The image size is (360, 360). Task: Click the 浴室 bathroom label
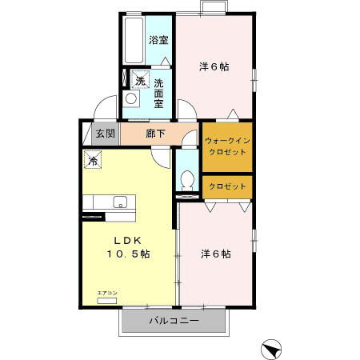pyautogui.click(x=158, y=40)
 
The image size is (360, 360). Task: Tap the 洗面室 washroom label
pyautogui.click(x=159, y=93)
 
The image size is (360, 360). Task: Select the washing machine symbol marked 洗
pyautogui.click(x=140, y=79)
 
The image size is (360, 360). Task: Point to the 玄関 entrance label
pyautogui.click(x=106, y=133)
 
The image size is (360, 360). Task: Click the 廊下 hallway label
pyautogui.click(x=155, y=133)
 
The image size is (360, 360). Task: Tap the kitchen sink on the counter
pyautogui.click(x=121, y=201)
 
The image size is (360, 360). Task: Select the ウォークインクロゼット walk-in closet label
pyautogui.click(x=227, y=146)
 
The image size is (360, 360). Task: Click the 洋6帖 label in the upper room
pyautogui.click(x=214, y=66)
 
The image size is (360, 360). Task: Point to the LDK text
pyautogui.click(x=127, y=239)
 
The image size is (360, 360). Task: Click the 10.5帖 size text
pyautogui.click(x=128, y=254)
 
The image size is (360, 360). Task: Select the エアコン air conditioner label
pyautogui.click(x=106, y=294)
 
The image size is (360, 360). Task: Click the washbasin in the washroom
pyautogui.click(x=132, y=100)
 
